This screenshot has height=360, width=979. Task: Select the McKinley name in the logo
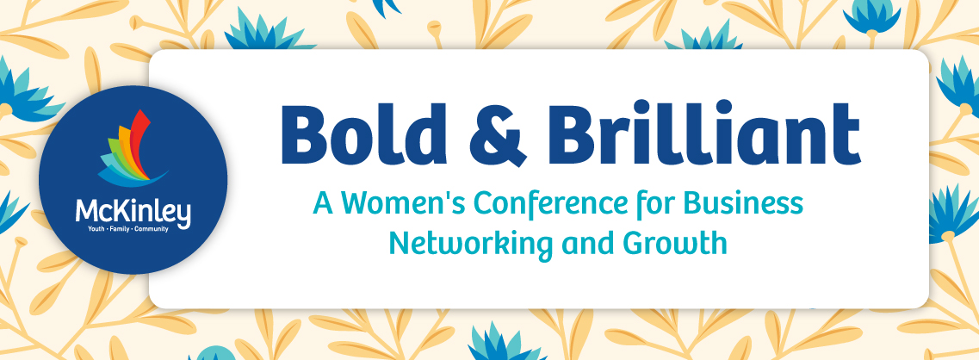[133, 214]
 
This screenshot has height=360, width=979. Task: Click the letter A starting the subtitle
[324, 203]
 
